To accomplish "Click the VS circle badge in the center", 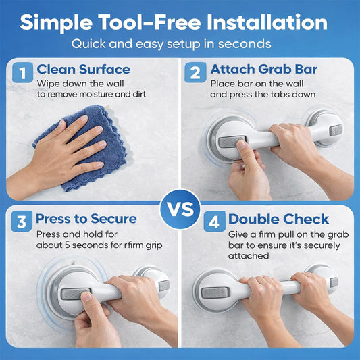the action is click(180, 209).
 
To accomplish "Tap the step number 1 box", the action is click(22, 72).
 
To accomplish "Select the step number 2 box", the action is click(195, 72).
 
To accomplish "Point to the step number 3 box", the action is click(22, 222).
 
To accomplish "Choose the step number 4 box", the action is click(214, 222).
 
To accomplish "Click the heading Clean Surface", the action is click(84, 70).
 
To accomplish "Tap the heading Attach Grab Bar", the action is click(264, 69).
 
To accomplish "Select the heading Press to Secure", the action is click(86, 219).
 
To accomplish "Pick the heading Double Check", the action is click(278, 219).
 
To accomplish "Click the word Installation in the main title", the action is click(267, 22).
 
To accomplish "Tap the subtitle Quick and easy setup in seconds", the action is click(171, 44).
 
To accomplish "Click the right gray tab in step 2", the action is click(336, 130).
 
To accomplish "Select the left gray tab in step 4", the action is click(215, 292).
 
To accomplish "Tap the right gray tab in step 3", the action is click(164, 286).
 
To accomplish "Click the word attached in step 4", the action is click(249, 256).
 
